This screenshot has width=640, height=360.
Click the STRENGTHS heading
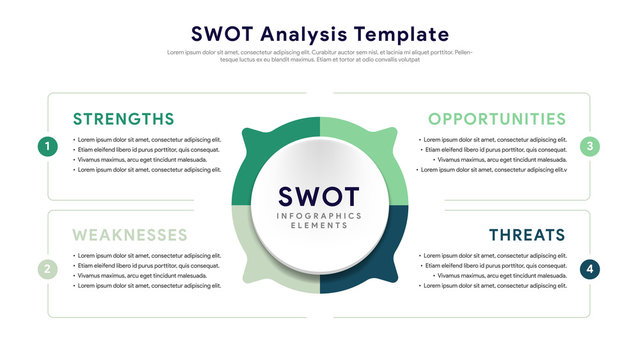click(x=123, y=119)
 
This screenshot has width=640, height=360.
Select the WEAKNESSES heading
click(x=130, y=235)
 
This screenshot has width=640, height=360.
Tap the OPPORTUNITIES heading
click(x=497, y=119)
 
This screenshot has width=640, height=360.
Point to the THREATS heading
click(x=527, y=235)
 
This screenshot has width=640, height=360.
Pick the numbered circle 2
click(x=47, y=269)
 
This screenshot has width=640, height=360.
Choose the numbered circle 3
click(x=591, y=147)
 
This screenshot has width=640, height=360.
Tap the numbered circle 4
click(x=591, y=269)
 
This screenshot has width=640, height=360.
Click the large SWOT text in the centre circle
click(x=320, y=196)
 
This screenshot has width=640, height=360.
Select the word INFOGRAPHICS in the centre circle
click(x=320, y=215)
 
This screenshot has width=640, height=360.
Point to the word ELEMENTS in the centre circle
click(x=320, y=226)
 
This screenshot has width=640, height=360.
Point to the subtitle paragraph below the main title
click(x=320, y=56)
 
